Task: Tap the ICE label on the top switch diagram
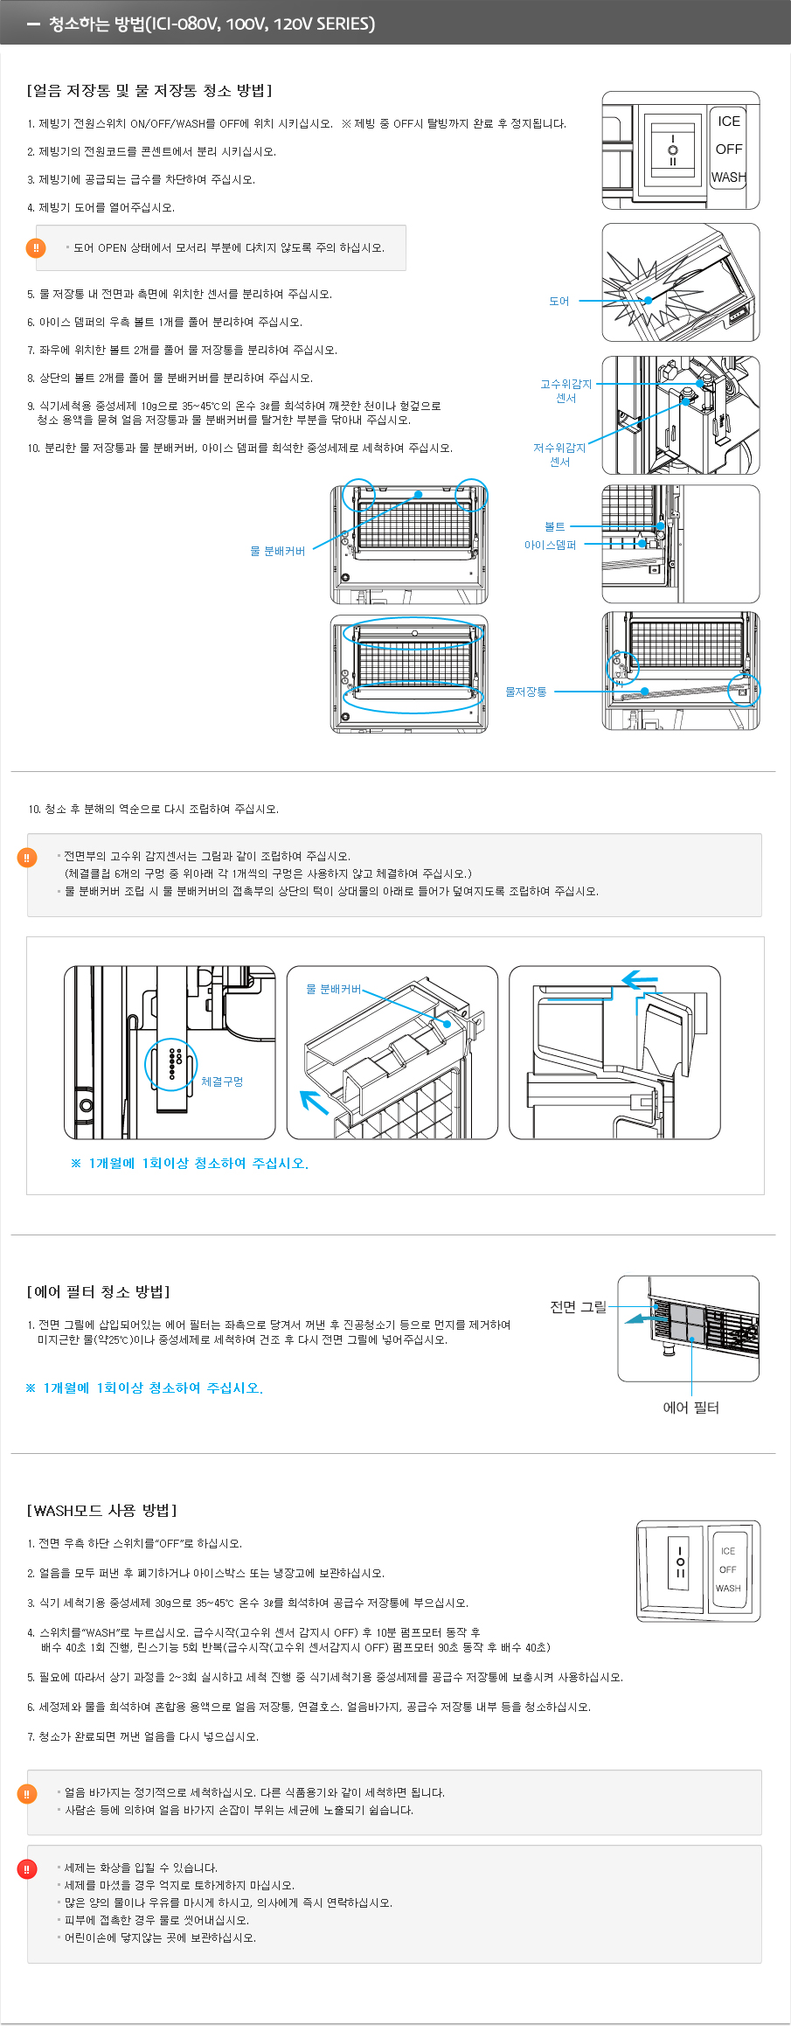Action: tap(728, 122)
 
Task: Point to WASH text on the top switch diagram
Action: tap(728, 177)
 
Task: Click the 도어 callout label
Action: tap(559, 302)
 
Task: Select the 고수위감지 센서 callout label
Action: tap(565, 391)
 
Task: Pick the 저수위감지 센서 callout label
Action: tap(559, 455)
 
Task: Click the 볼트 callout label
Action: tap(554, 526)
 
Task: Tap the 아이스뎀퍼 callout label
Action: tap(550, 545)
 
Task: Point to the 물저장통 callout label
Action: tap(525, 692)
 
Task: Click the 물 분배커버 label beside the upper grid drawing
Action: tap(277, 551)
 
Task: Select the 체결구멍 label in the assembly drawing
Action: tap(222, 1082)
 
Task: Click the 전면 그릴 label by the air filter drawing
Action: tap(578, 1306)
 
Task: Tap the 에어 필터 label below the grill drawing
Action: tap(690, 1407)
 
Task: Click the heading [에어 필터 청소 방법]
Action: tap(99, 1291)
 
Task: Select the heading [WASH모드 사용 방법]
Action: tap(102, 1510)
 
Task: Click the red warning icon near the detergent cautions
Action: tap(27, 1868)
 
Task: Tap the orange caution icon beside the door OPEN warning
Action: tap(36, 248)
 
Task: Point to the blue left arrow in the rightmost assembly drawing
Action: tap(640, 979)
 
